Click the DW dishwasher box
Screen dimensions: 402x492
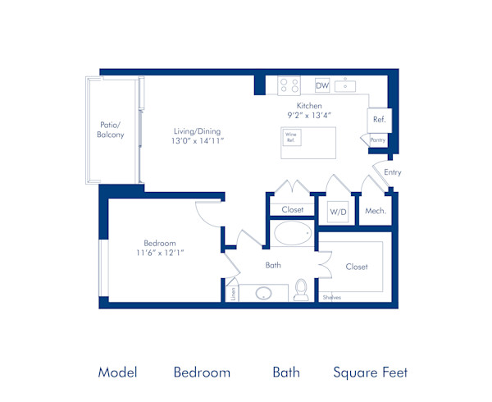[322, 85]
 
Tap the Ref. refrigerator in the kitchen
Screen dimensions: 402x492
[379, 120]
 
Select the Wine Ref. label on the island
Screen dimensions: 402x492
[290, 137]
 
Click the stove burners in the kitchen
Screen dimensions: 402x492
[289, 85]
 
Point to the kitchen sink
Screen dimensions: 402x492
[347, 85]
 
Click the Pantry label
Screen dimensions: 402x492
[377, 140]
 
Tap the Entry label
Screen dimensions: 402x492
[393, 172]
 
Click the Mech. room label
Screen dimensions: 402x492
[376, 211]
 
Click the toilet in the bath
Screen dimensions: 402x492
[301, 289]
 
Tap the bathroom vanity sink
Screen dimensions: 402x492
[264, 293]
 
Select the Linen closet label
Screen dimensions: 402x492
[233, 293]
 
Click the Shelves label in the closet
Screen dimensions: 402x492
[331, 297]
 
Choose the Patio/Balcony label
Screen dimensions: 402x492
[111, 130]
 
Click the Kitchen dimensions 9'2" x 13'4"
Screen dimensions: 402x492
[309, 116]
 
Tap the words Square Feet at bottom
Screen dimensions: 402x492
[370, 372]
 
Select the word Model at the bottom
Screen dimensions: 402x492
[117, 372]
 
